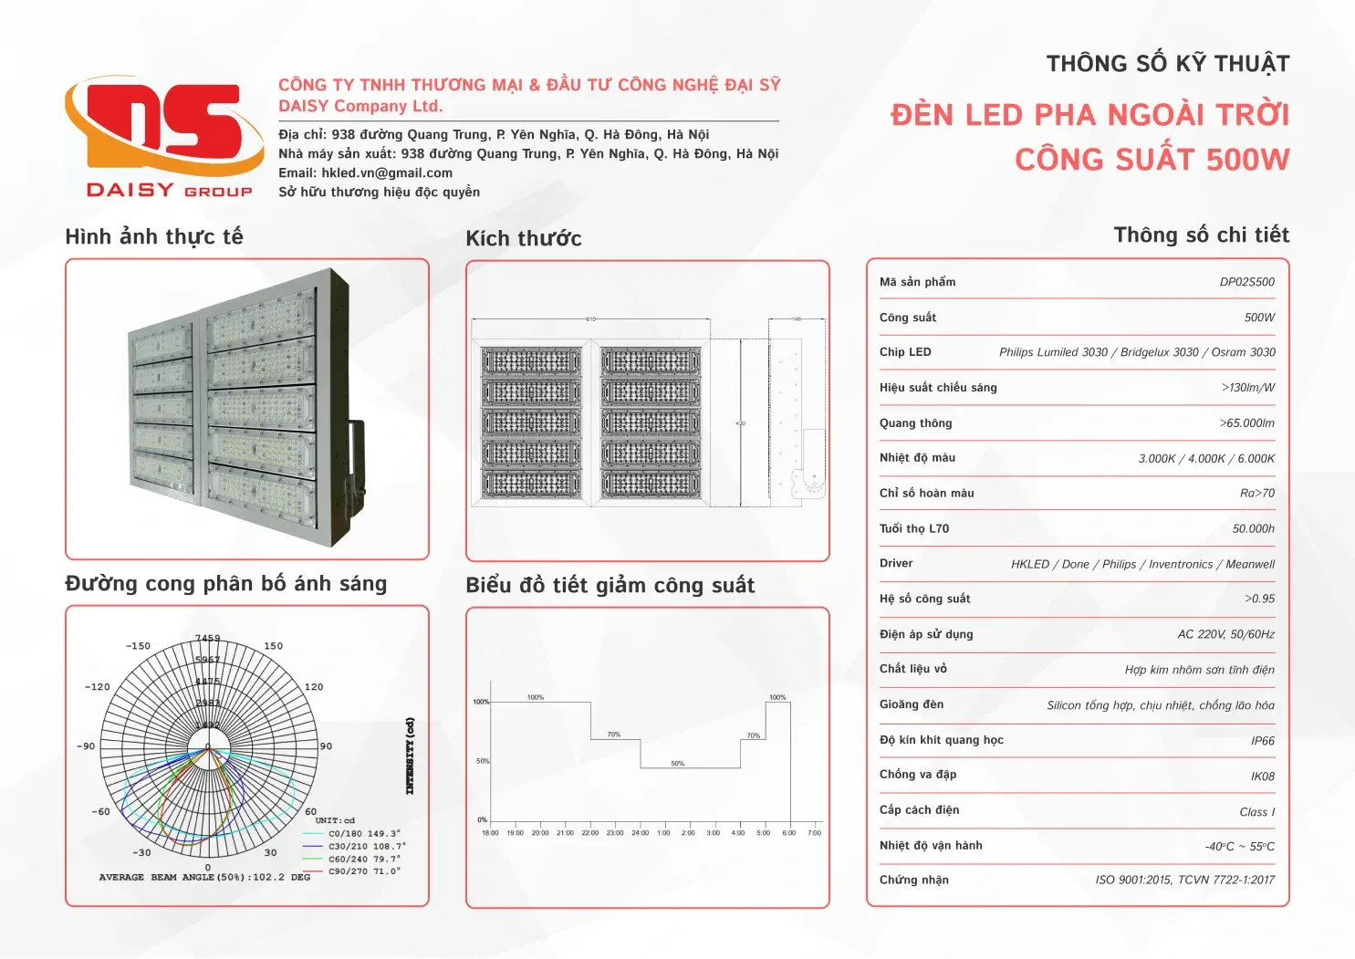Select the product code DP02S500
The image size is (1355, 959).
click(x=1246, y=282)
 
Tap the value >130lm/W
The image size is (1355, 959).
click(x=1247, y=388)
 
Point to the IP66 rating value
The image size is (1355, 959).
click(x=1262, y=741)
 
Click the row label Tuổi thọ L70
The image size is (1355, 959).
click(x=914, y=528)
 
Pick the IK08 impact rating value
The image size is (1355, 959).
click(x=1262, y=777)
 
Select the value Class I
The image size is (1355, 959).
click(x=1256, y=812)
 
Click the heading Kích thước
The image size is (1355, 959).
click(x=524, y=239)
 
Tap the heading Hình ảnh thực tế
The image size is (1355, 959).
click(x=154, y=237)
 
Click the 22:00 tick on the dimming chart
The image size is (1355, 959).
click(x=590, y=832)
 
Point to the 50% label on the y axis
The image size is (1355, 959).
click(x=483, y=761)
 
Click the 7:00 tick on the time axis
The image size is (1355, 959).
click(x=815, y=832)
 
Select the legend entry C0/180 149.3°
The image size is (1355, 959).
click(x=364, y=833)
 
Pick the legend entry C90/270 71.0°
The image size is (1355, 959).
click(x=364, y=871)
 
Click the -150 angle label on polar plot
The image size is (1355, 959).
click(x=139, y=646)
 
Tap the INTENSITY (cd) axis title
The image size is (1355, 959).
click(x=411, y=756)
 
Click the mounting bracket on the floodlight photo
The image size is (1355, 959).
click(x=351, y=474)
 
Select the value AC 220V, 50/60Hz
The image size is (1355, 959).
click(x=1225, y=634)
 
